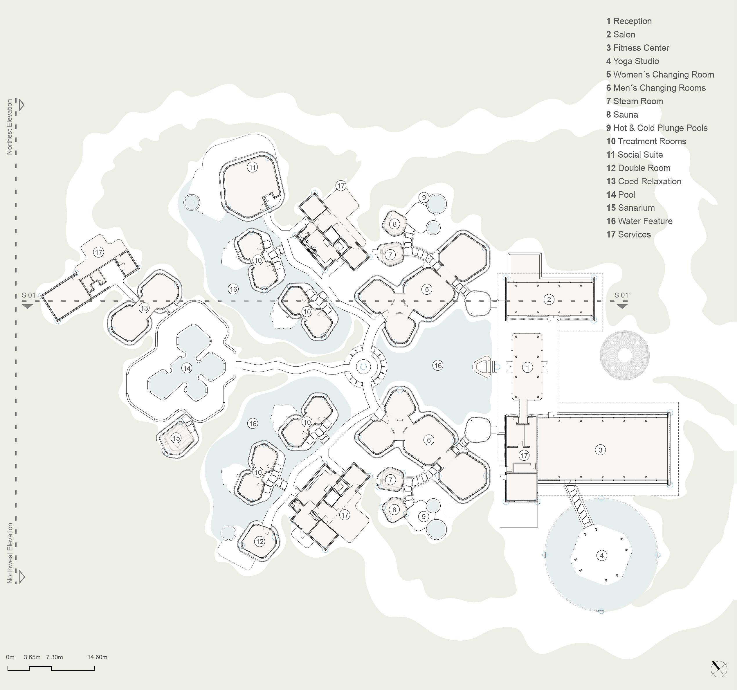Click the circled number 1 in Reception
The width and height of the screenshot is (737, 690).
click(x=527, y=367)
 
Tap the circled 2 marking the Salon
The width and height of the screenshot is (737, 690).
click(x=549, y=300)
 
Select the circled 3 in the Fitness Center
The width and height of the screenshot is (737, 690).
click(x=600, y=450)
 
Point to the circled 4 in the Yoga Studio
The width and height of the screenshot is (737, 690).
click(x=602, y=555)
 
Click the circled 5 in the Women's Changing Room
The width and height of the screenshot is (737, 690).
click(x=427, y=289)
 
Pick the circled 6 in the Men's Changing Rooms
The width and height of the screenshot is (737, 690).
click(x=428, y=440)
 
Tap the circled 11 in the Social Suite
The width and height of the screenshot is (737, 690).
click(x=253, y=167)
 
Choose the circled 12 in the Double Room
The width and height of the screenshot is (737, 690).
click(x=260, y=541)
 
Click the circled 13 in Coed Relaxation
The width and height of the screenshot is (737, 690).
click(x=144, y=308)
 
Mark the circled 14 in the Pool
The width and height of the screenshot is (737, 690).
click(x=186, y=368)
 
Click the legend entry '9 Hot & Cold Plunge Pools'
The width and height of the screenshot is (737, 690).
click(x=657, y=128)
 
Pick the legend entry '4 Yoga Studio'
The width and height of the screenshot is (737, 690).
click(x=633, y=61)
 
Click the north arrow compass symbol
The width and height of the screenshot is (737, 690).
click(x=719, y=669)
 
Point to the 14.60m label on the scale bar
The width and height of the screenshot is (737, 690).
click(x=97, y=657)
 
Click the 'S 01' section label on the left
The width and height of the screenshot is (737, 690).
click(x=28, y=295)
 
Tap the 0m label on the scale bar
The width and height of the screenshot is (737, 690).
click(x=10, y=657)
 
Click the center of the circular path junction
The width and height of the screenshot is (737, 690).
click(x=363, y=367)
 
